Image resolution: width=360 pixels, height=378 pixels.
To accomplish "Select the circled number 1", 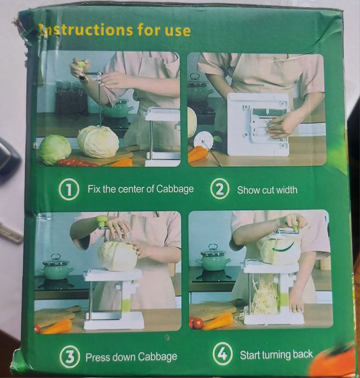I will (69, 190).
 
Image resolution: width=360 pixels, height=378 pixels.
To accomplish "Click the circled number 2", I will (219, 190).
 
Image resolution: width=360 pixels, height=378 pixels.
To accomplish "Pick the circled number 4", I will (222, 355).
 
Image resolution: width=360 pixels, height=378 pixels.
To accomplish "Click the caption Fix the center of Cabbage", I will (141, 190).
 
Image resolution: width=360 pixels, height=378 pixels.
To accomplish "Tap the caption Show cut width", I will (267, 190).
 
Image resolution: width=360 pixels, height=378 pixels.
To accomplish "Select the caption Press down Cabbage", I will (131, 357).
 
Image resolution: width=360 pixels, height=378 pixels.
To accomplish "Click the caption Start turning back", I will (276, 355).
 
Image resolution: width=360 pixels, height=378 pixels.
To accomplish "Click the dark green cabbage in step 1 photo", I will (55, 150).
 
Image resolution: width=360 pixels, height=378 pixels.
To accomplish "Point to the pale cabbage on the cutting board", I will (98, 141).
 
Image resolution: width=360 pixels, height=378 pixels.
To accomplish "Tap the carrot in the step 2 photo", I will (197, 153).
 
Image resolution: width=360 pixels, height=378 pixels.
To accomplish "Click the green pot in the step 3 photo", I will (56, 268).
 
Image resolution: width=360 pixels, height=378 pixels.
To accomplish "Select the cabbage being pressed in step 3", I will (117, 256).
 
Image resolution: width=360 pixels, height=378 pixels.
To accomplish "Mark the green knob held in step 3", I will (102, 221).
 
